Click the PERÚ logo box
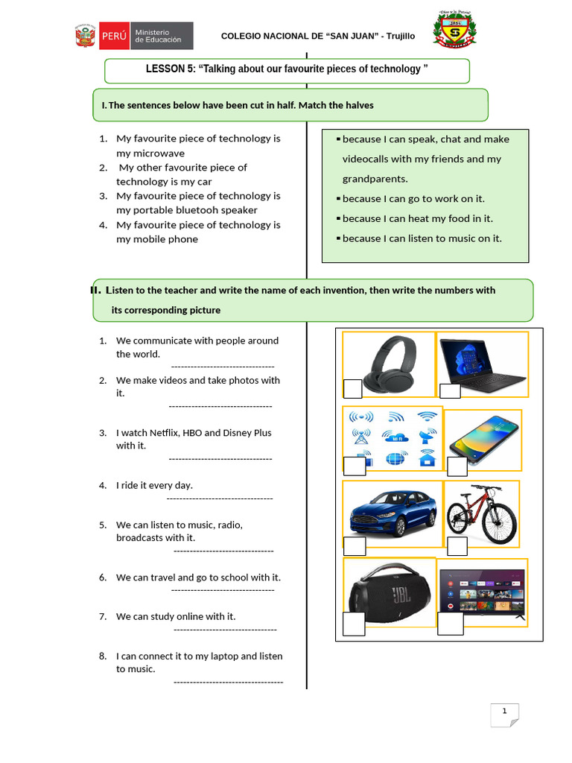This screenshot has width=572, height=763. click(x=113, y=35)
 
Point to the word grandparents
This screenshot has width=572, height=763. click(x=375, y=179)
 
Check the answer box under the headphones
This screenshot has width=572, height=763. click(x=352, y=388)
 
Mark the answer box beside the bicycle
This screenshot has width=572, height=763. click(x=457, y=545)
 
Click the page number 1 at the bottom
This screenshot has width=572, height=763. click(x=504, y=711)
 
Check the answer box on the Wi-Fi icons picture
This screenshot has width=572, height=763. click(x=355, y=466)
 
